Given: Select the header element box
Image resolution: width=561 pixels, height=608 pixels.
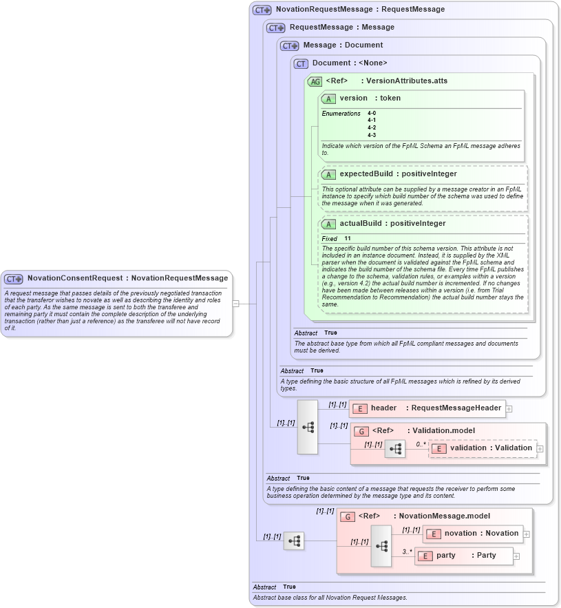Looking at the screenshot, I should point(427,408).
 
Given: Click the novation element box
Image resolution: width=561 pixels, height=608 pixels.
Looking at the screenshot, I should point(472,534).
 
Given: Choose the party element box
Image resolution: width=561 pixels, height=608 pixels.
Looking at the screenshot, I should point(464,556).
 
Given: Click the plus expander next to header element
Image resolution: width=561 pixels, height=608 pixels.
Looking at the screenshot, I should point(509,408).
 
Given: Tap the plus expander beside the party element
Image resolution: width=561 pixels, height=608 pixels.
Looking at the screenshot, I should point(516,556).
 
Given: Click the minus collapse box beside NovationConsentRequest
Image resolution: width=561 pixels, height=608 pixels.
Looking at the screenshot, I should point(235,303).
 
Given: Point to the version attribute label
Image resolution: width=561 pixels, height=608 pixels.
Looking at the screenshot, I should point(353,98).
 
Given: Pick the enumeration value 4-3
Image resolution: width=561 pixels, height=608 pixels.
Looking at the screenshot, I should point(372,135).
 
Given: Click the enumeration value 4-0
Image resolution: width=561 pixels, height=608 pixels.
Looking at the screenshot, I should point(372,113).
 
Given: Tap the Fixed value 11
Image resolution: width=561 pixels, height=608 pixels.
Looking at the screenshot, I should point(348,238).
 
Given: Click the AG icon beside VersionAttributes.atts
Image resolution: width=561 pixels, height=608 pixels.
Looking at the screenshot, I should point(315,81).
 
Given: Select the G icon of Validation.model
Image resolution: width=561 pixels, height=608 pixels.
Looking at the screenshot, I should point(361,431).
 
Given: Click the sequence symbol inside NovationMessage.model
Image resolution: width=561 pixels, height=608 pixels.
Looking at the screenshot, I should point(381,545).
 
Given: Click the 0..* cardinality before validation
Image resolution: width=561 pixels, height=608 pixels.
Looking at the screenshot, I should point(421,444).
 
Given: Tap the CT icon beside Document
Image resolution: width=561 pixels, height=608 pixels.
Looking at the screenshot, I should point(301,63).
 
